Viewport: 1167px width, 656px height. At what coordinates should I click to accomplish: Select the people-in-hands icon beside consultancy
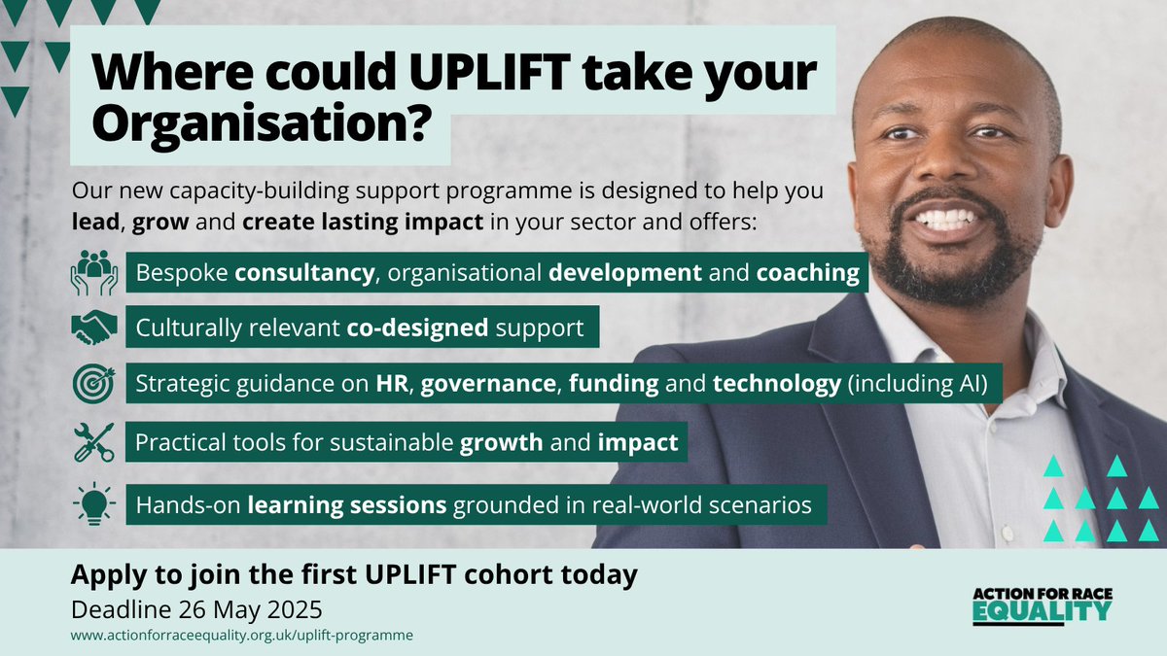point(93,273)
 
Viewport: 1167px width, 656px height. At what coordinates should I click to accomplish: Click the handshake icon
point(93,328)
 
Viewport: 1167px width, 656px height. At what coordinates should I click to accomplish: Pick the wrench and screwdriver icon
point(93,442)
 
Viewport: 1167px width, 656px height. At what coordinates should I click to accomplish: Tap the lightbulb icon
point(93,504)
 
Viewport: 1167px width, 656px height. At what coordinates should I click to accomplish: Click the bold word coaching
point(807,273)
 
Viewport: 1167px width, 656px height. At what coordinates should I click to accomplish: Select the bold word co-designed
point(417,328)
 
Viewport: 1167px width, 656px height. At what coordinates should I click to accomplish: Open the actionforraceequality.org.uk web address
point(242,636)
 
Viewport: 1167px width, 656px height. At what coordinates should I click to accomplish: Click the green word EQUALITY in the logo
point(1041,611)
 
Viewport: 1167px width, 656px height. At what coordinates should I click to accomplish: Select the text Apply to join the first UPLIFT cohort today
point(354,575)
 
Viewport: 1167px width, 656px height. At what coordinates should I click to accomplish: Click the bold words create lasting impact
point(363,223)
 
